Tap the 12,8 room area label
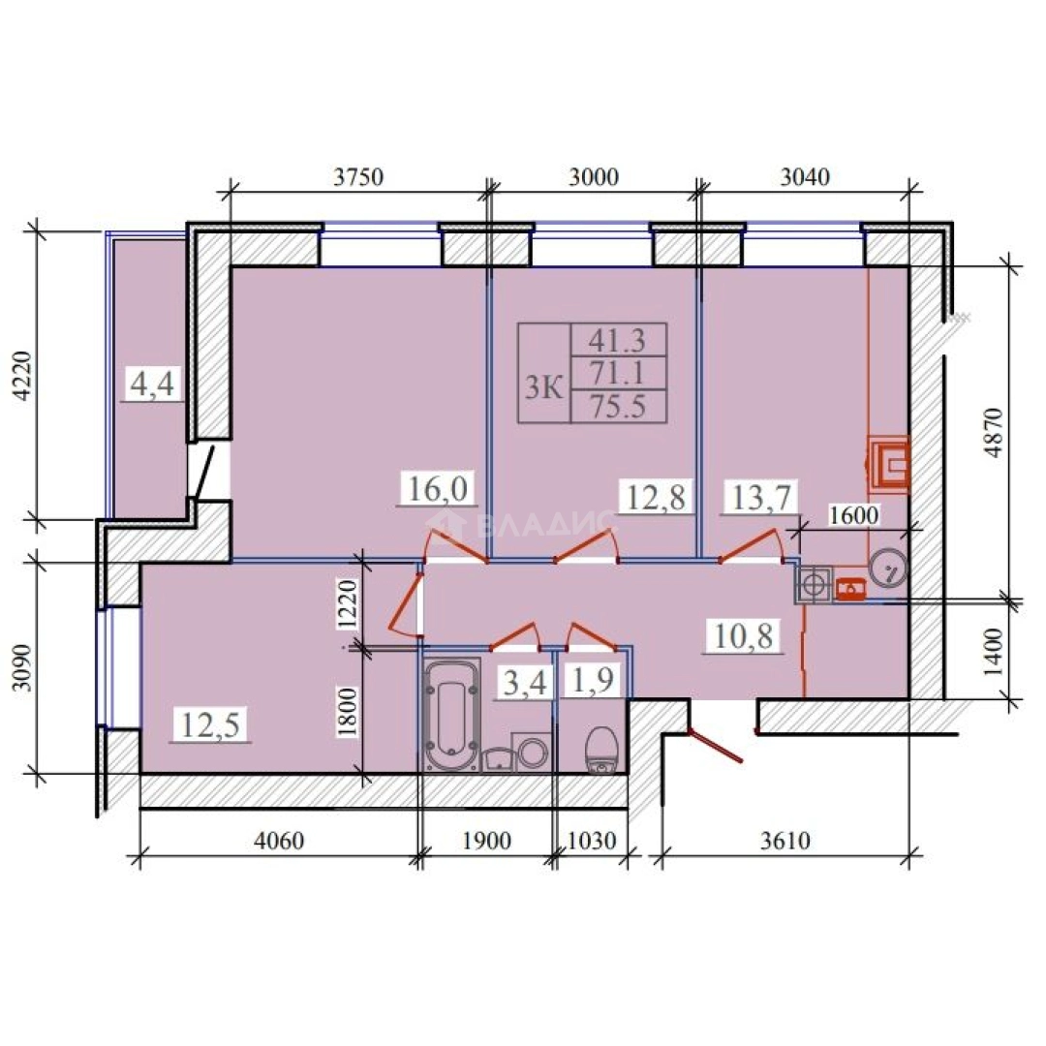click(656, 497)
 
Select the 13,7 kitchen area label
click(761, 497)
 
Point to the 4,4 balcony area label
click(152, 385)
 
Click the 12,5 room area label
click(210, 724)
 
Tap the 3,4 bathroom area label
click(524, 683)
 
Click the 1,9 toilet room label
click(593, 680)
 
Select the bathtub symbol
click(451, 715)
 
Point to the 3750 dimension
click(359, 177)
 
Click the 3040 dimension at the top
click(805, 177)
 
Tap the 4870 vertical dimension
click(993, 432)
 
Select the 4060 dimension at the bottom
click(279, 841)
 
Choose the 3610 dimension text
click(785, 841)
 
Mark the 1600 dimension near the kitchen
click(854, 515)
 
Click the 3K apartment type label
click(543, 387)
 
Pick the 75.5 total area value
click(618, 406)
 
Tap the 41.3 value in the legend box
click(617, 340)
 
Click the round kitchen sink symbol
click(889, 568)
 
